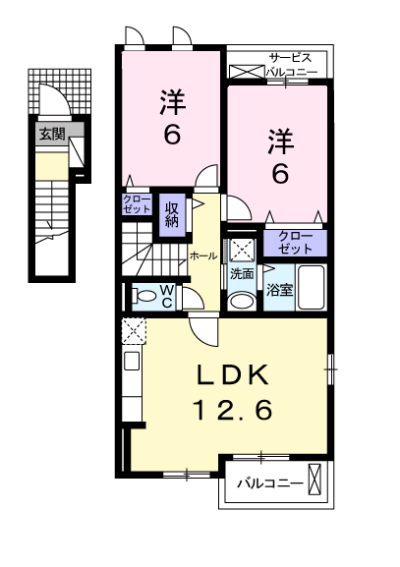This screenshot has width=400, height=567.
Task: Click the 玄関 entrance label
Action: (52, 135)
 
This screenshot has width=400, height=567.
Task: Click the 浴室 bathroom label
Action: (278, 289)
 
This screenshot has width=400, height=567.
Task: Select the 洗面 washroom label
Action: (242, 275)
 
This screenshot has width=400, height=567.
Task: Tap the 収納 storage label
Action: (173, 213)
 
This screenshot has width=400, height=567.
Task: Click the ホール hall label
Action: (202, 255)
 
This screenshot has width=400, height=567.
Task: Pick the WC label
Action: (167, 295)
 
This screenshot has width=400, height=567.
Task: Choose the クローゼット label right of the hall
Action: (295, 242)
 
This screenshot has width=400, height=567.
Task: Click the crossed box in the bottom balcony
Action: (314, 482)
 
